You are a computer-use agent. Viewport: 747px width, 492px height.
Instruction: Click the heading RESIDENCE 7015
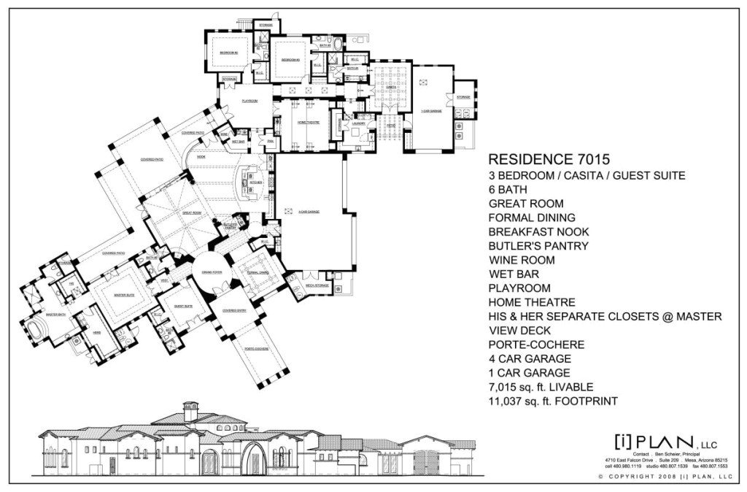548,158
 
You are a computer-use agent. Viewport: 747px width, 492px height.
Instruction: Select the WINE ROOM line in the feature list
522,260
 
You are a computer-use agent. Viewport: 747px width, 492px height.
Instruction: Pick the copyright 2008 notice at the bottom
664,476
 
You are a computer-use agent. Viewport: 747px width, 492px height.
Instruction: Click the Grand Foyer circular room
212,275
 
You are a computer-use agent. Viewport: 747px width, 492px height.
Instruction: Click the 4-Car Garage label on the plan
309,212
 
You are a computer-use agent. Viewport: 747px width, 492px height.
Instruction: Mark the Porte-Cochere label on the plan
257,349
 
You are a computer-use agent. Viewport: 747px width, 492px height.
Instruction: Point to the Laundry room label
357,123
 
